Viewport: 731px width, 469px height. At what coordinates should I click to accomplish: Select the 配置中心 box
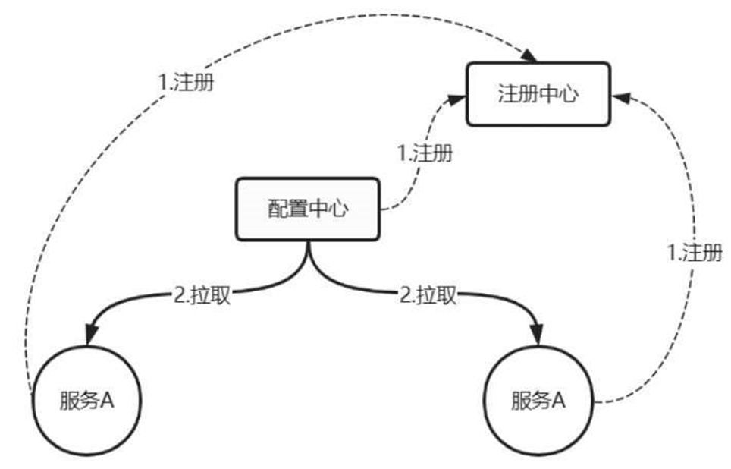coord(308,209)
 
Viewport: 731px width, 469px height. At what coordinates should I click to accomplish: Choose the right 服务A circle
coord(539,401)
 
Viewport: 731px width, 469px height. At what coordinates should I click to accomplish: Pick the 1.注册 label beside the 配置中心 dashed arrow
coord(425,153)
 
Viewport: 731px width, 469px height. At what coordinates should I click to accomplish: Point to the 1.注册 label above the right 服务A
coord(694,253)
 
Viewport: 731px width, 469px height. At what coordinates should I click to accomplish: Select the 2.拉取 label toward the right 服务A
coord(428,295)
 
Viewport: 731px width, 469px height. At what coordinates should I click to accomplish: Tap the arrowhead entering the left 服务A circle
coord(92,335)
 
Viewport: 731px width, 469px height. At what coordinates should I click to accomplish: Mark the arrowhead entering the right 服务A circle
coord(537,335)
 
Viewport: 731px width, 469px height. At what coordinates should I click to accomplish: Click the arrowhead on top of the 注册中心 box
coord(529,57)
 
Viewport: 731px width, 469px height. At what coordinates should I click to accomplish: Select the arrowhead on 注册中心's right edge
coord(620,97)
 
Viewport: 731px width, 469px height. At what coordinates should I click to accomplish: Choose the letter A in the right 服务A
coord(559,401)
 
